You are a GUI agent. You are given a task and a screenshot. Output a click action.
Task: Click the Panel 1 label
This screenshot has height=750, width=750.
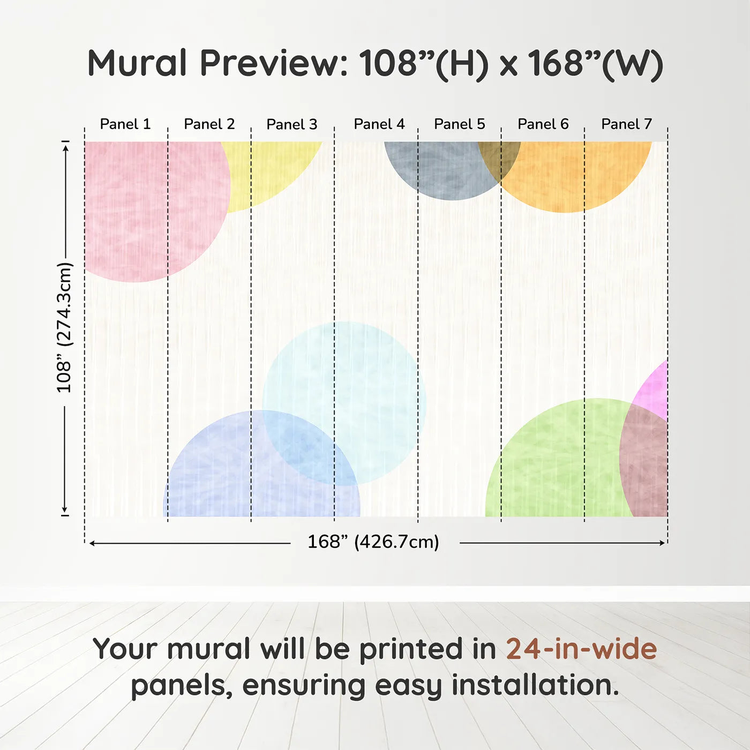click(x=125, y=124)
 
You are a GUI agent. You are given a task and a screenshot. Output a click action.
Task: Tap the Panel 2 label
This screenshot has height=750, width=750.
click(x=209, y=124)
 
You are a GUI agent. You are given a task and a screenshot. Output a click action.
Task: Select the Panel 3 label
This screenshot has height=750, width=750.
click(x=292, y=124)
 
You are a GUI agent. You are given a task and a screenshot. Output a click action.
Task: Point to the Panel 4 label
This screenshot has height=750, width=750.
click(x=379, y=124)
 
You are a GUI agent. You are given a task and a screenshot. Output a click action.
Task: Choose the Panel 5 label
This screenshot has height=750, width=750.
click(x=459, y=124)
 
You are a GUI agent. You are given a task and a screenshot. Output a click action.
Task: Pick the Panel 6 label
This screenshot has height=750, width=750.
click(x=543, y=124)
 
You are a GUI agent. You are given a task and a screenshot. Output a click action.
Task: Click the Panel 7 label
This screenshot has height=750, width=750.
click(x=626, y=124)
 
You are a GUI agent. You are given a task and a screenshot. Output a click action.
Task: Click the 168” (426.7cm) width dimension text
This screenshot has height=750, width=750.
click(x=373, y=542)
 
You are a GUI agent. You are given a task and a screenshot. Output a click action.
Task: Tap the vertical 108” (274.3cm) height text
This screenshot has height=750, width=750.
click(x=64, y=327)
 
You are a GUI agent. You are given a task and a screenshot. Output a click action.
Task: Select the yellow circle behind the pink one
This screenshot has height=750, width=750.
click(x=268, y=171)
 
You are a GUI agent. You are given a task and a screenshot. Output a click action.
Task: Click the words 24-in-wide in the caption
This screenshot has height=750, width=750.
click(x=581, y=649)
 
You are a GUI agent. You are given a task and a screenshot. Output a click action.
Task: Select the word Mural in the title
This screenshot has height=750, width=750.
click(x=137, y=63)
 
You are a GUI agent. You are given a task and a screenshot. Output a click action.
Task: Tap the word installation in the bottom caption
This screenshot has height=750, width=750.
click(x=535, y=685)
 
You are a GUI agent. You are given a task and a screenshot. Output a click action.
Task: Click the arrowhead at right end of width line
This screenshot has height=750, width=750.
click(x=662, y=543)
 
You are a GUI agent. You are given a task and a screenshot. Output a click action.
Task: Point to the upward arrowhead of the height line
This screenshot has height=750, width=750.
click(x=65, y=148)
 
